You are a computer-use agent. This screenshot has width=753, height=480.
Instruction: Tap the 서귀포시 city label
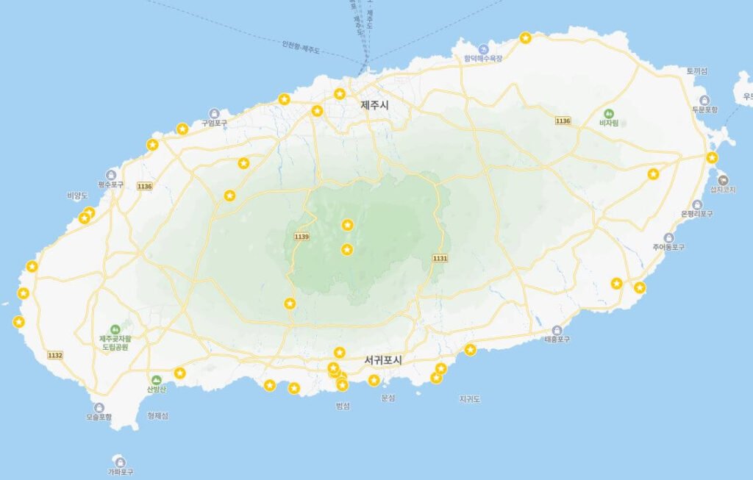tap(386, 360)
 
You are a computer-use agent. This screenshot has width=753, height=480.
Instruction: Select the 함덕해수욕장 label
tap(482, 59)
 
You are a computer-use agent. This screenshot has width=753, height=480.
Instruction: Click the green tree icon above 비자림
tap(609, 114)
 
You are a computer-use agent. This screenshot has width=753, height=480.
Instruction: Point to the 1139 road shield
tap(301, 236)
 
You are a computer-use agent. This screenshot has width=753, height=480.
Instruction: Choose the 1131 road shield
tap(440, 258)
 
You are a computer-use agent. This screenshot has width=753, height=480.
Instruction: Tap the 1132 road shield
tap(55, 355)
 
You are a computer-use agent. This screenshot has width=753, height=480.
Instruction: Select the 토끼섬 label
tap(696, 71)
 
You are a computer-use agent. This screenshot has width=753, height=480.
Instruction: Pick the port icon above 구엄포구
tap(214, 113)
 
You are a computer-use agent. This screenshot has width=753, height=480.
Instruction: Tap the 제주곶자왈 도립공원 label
tap(114, 343)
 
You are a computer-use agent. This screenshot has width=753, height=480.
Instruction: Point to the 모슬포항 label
tap(99, 417)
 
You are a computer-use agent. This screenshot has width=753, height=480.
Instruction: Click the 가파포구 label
tap(121, 472)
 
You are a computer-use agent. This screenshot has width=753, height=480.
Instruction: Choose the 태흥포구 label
tap(557, 340)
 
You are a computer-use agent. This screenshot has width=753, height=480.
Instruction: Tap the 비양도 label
tap(77, 196)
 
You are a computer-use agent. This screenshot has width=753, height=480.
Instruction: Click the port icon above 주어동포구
tap(668, 237)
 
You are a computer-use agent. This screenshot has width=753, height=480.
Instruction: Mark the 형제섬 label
tap(157, 416)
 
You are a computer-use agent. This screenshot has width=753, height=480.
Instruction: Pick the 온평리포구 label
tap(697, 214)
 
